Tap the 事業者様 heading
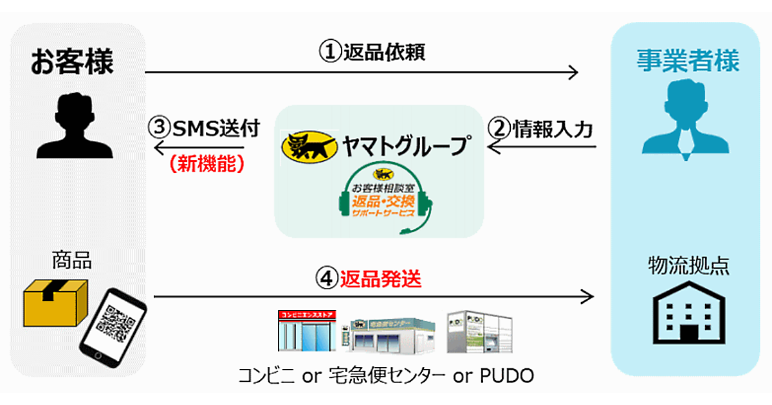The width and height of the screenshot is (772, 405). (x=688, y=62)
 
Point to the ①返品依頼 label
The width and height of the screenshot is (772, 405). (x=372, y=52)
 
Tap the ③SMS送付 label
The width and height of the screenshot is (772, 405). (x=205, y=129)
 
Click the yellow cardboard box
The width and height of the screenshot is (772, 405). (x=54, y=303)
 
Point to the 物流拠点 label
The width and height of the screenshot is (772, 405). (x=688, y=266)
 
